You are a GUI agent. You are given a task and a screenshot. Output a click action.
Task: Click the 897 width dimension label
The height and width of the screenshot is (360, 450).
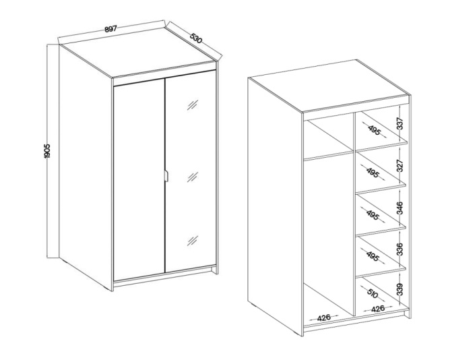[110, 29]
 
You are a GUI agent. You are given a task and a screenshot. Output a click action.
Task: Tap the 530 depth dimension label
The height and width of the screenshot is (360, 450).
[196, 38]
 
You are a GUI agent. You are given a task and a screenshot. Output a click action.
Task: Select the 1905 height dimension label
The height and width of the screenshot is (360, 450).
[46, 151]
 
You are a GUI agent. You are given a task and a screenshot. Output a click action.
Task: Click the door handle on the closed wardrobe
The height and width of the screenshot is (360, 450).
[166, 176]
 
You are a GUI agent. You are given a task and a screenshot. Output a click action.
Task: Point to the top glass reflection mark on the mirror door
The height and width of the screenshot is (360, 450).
[193, 104]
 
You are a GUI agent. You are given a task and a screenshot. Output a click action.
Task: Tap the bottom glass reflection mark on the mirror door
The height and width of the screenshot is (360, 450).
[193, 241]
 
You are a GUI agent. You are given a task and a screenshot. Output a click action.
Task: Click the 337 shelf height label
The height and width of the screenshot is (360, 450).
[400, 123]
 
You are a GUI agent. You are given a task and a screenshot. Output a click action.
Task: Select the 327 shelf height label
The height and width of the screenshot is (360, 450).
[400, 165]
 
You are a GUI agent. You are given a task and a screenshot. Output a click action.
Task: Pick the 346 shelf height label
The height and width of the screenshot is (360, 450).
[400, 208]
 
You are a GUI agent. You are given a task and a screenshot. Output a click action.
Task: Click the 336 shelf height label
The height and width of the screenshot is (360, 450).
[400, 249]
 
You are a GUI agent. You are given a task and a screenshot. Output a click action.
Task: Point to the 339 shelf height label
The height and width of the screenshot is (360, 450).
[400, 290]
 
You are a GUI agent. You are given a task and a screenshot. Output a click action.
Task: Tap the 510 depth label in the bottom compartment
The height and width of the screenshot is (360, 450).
[373, 293]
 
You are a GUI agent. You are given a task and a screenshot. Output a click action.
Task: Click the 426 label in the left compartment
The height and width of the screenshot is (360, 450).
[324, 318]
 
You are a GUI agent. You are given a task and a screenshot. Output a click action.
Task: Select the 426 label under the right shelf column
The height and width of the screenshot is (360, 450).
[378, 309]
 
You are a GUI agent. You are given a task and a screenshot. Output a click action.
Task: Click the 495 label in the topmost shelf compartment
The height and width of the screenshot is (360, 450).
[374, 130]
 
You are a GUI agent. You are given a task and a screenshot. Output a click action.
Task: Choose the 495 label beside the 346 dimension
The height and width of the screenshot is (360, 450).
[373, 215]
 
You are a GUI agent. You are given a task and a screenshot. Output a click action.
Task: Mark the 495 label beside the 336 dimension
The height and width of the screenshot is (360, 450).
[373, 256]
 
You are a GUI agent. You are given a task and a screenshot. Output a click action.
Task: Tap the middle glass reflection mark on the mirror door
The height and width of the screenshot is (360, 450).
[193, 177]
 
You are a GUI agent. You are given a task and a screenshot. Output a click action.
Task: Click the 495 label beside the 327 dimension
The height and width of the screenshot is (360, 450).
[373, 173]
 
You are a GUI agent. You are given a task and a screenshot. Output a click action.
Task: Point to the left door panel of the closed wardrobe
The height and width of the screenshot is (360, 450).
[139, 180]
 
